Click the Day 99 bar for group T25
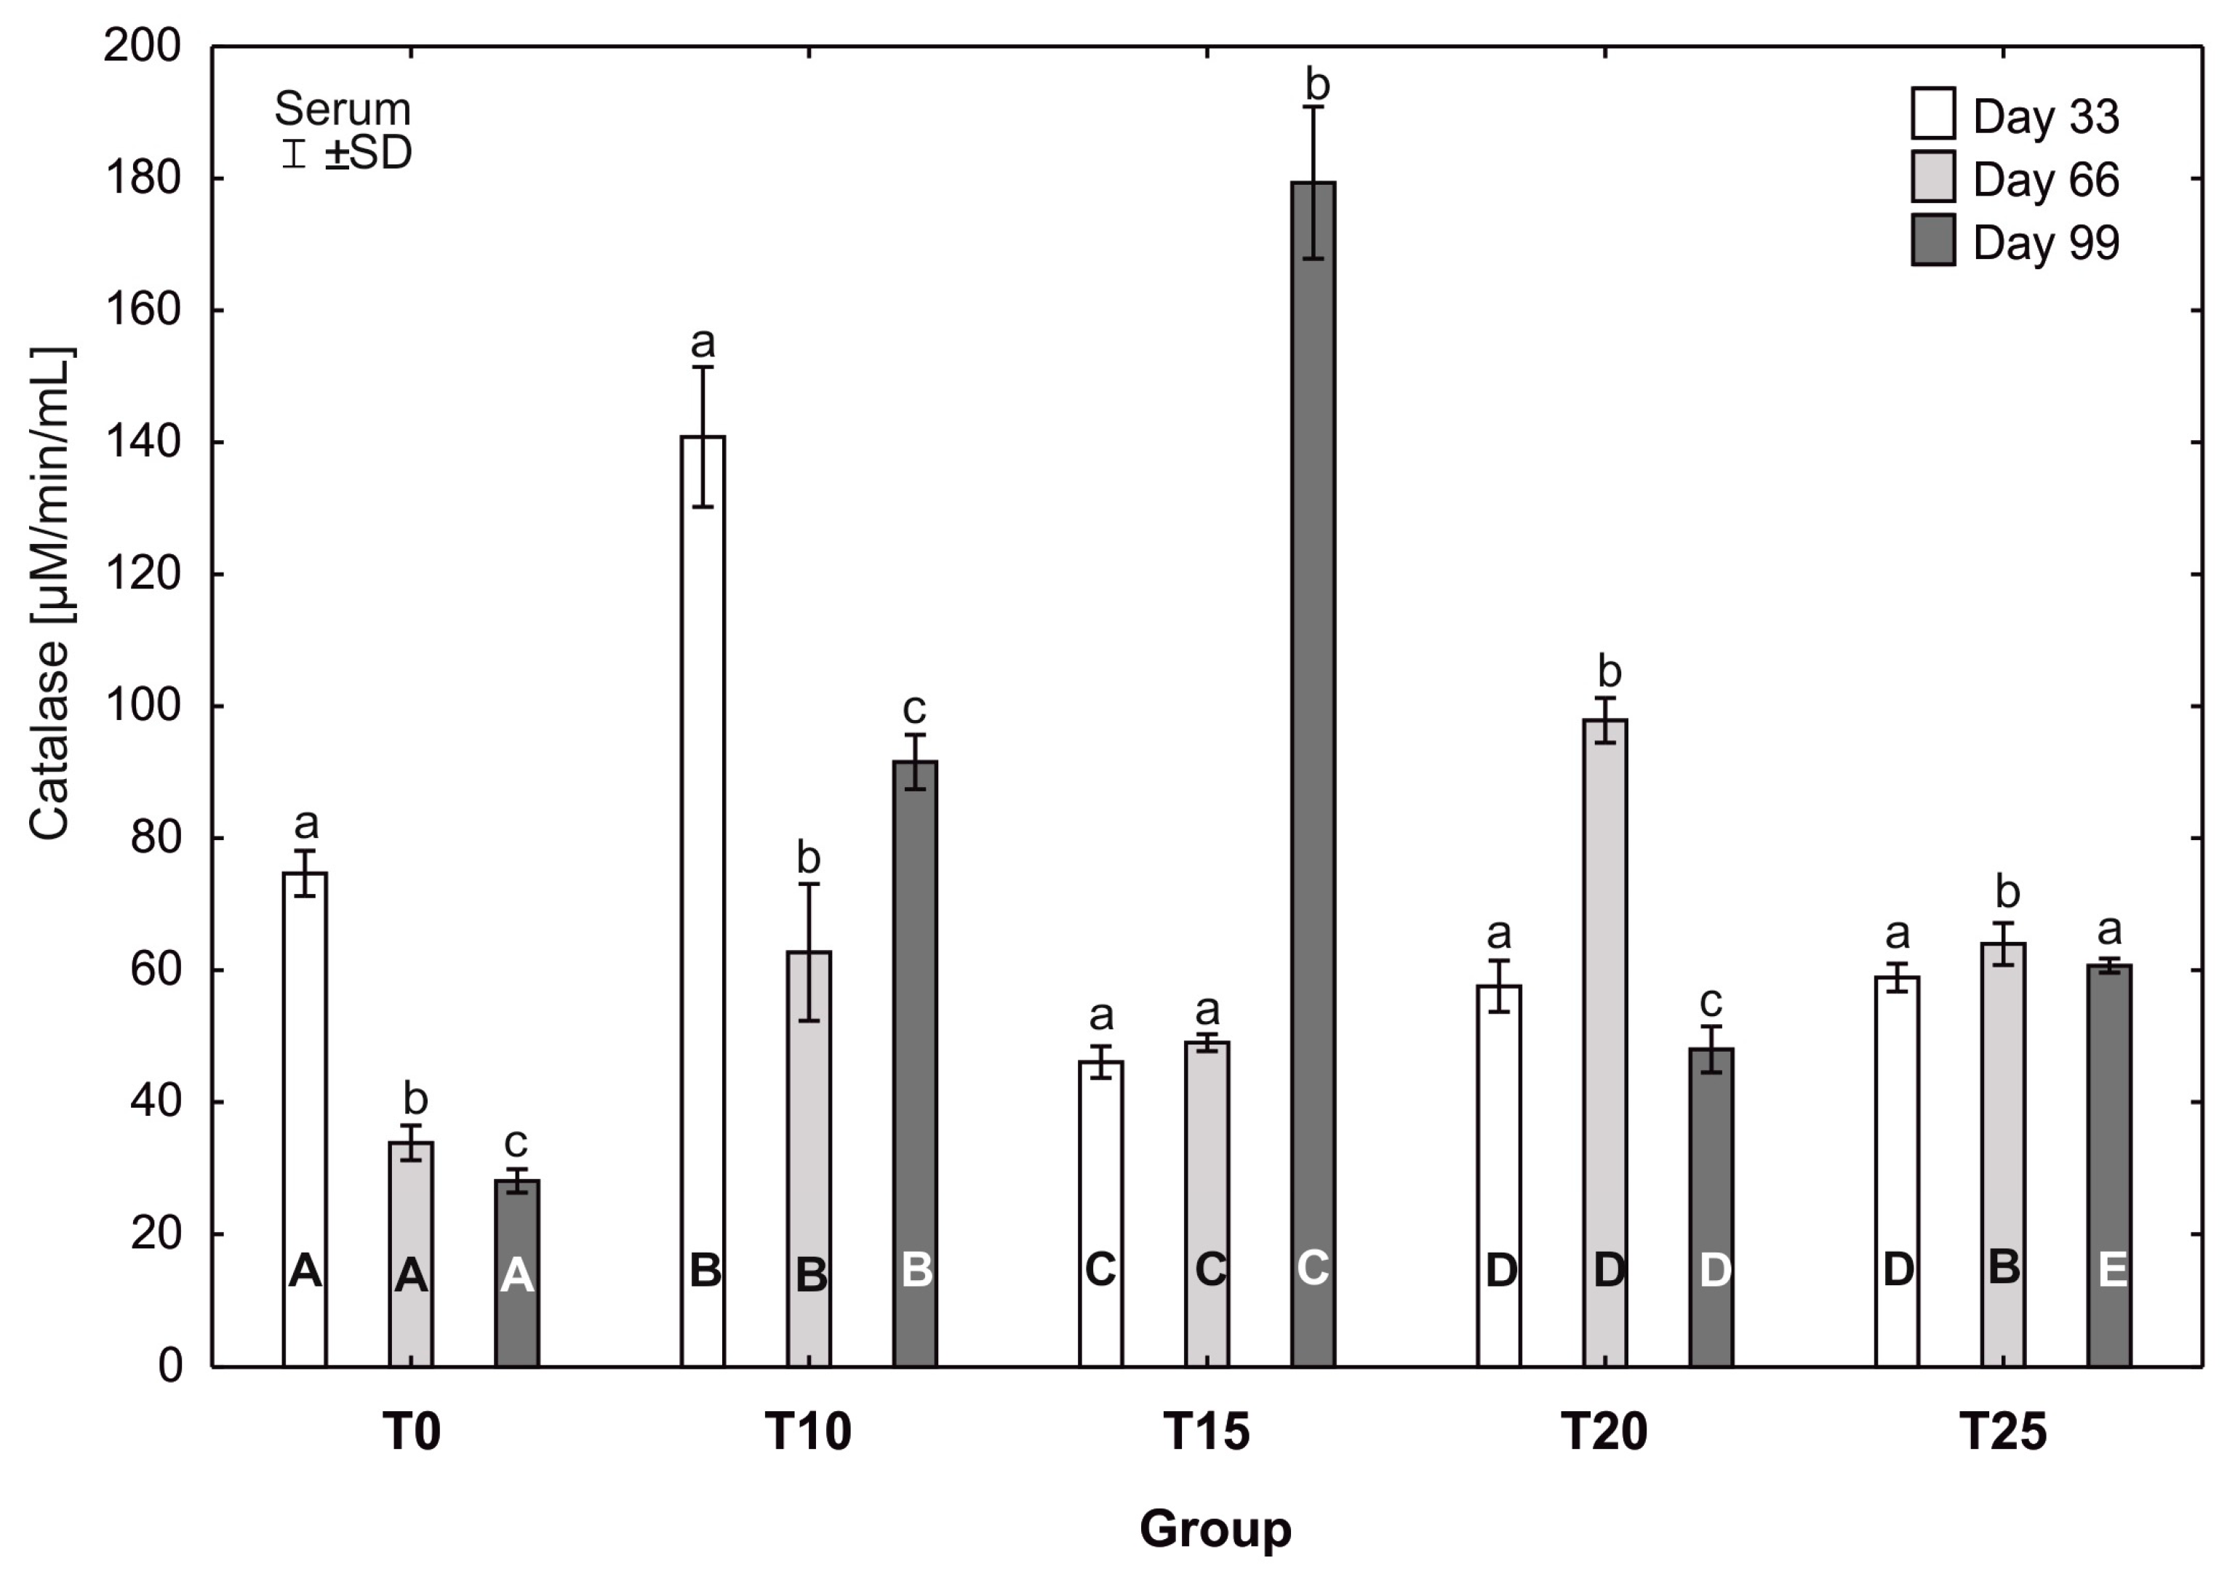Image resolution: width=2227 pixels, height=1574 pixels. tap(2110, 1164)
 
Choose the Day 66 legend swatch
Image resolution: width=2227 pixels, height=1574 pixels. tap(1933, 177)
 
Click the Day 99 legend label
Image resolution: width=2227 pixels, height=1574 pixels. tap(2046, 242)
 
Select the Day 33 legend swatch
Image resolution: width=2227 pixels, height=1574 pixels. tap(1933, 113)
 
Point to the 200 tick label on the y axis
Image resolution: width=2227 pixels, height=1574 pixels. tap(143, 46)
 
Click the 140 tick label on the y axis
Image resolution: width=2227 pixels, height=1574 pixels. tap(143, 442)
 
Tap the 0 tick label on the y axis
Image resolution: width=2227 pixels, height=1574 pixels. tap(169, 1367)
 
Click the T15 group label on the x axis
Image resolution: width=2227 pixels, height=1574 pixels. tap(1206, 1431)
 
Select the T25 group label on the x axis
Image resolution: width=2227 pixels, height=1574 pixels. tap(2003, 1431)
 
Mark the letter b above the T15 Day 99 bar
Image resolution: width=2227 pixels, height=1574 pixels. tap(1316, 85)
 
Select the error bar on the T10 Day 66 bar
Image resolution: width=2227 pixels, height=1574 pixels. tap(809, 951)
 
